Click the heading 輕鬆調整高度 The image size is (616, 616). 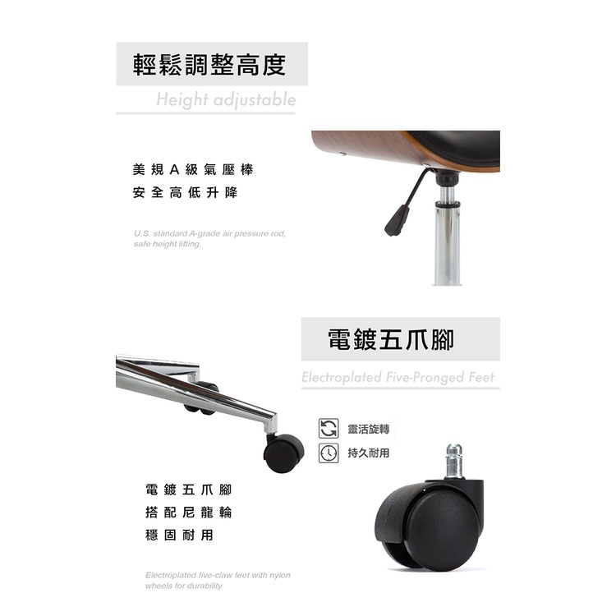tap(209, 65)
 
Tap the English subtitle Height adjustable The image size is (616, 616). tap(226, 99)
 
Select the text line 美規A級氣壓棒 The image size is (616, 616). tap(193, 170)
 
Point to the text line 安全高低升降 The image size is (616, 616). tap(185, 192)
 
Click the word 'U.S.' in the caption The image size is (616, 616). tap(141, 234)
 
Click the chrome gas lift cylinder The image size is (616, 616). tap(448, 236)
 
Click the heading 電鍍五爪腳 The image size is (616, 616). tap(390, 340)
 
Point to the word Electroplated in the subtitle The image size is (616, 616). tap(342, 377)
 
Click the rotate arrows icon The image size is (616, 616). tap(329, 428)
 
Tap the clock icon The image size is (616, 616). tap(329, 453)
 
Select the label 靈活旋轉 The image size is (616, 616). tap(369, 429)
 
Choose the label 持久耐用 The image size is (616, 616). tap(369, 453)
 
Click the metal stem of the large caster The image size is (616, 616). tap(453, 461)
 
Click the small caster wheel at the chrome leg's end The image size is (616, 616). tap(283, 453)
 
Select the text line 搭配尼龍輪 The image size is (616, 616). tap(189, 513)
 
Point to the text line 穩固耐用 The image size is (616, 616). tap(179, 535)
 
